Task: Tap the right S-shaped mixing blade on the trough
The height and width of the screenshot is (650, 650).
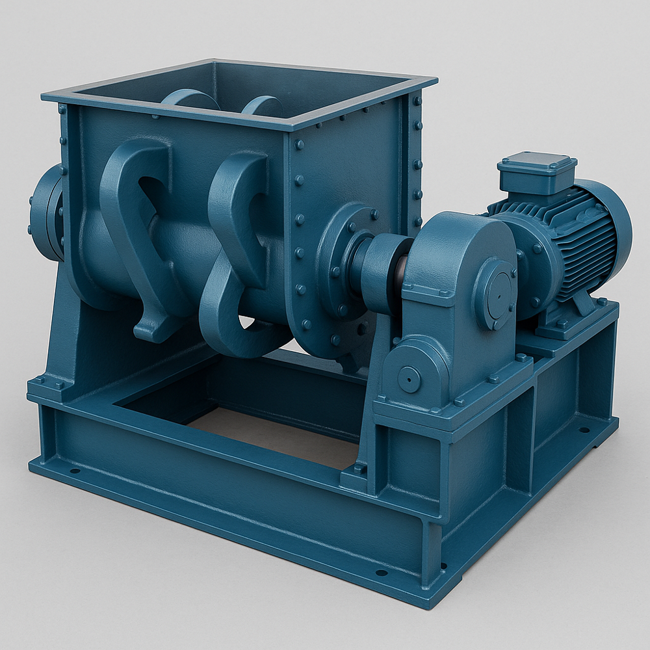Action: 240,247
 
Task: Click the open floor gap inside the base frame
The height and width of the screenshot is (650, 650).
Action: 273,435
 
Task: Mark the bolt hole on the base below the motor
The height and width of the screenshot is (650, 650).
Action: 584,430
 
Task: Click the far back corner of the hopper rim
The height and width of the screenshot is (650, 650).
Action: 214,62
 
